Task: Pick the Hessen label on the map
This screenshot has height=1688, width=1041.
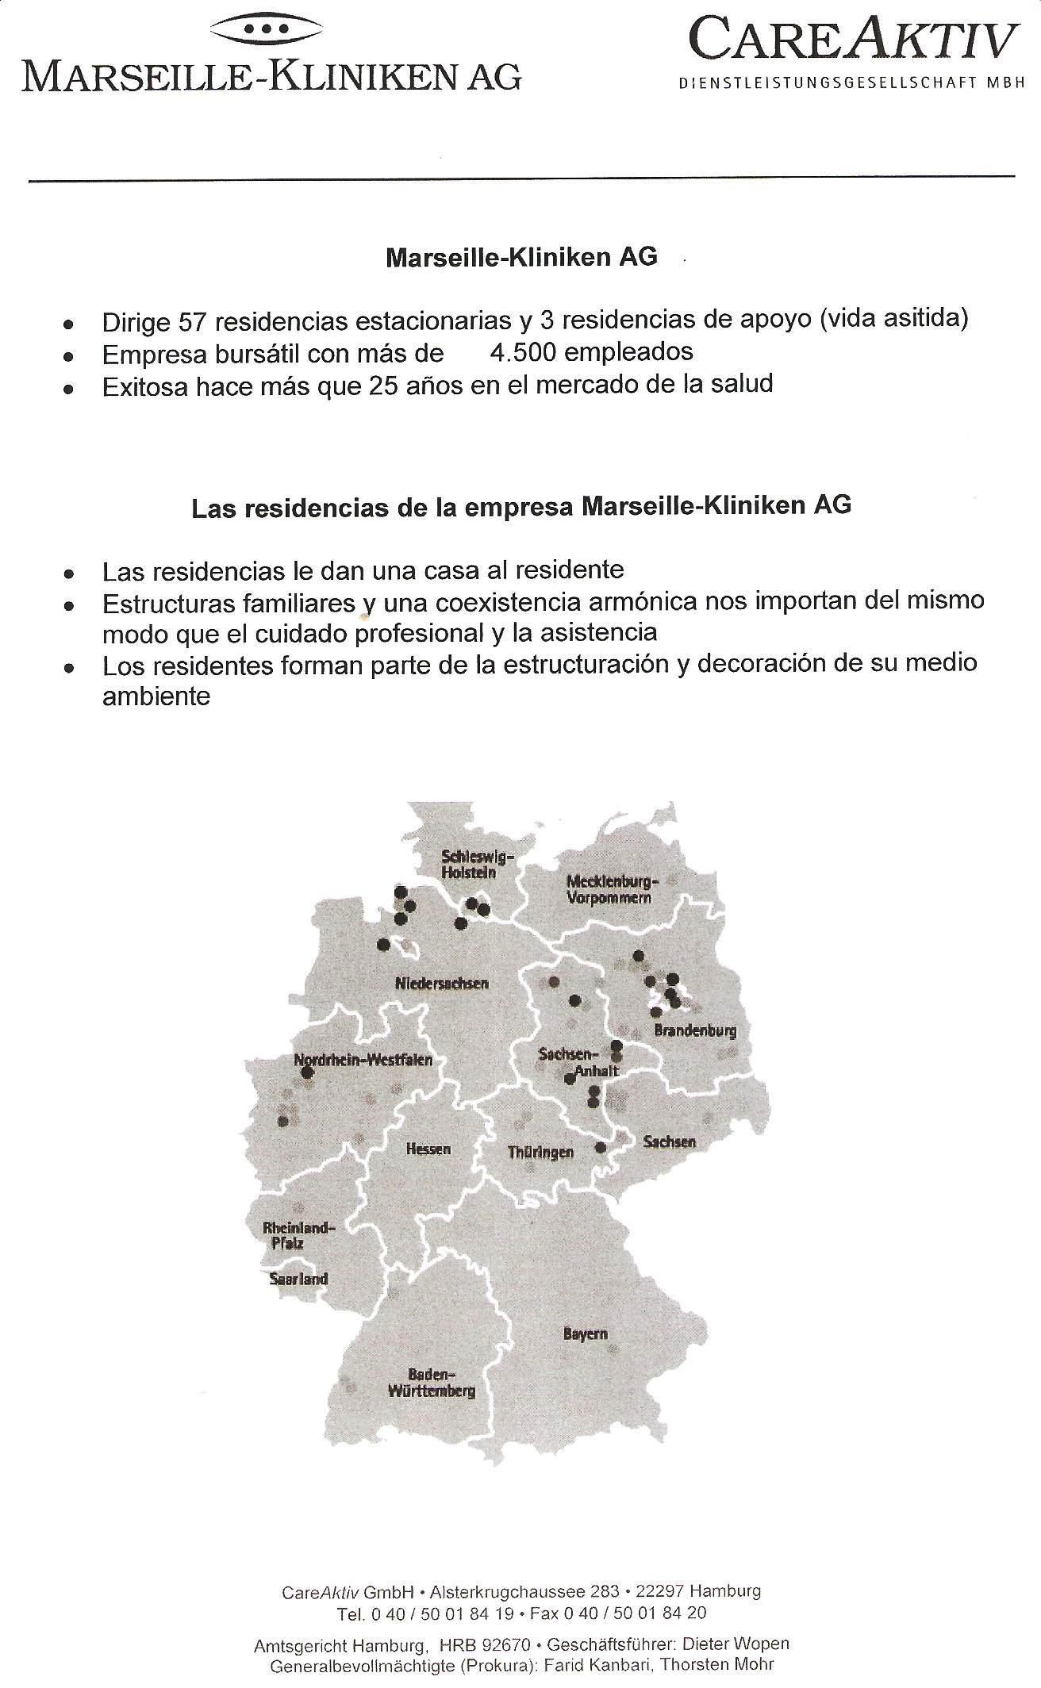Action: pos(428,1149)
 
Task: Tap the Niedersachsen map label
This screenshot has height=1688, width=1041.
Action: pos(442,984)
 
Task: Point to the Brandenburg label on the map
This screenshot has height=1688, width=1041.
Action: pos(695,1031)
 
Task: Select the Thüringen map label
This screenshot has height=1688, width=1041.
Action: pos(540,1153)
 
